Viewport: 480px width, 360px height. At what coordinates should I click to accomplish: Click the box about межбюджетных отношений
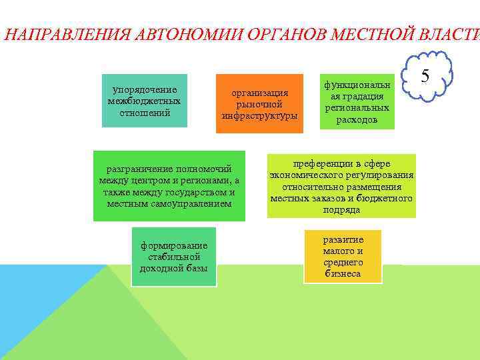[x=144, y=101]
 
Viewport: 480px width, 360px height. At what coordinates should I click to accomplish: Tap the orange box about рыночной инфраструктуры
[x=259, y=103]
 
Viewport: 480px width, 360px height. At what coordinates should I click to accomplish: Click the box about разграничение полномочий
[x=169, y=185]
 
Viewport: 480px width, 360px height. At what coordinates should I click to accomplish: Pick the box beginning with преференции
[x=341, y=186]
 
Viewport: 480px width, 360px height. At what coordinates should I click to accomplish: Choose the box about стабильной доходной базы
[x=173, y=257]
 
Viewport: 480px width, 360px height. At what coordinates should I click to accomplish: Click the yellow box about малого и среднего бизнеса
[x=343, y=256]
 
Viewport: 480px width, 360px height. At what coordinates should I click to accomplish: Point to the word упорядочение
[x=145, y=89]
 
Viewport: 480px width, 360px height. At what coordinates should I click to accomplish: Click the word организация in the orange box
[x=260, y=93]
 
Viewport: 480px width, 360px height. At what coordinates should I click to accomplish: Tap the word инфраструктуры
[x=260, y=115]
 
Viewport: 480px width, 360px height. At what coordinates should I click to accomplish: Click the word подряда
[x=341, y=209]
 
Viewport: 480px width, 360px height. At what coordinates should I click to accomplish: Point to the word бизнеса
[x=343, y=273]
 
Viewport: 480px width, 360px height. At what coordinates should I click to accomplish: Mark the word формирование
[x=173, y=246]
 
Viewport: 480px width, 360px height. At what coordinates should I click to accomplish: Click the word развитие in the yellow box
[x=343, y=239]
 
